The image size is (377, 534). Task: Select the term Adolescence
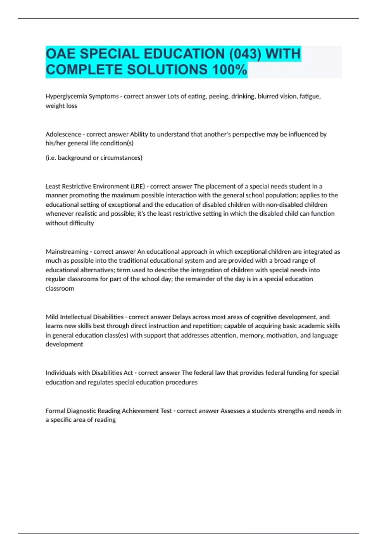pyautogui.click(x=63, y=134)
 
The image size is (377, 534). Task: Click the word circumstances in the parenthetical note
pyautogui.click(x=121, y=158)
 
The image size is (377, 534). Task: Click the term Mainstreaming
pyautogui.click(x=67, y=252)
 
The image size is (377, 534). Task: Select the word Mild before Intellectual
pyautogui.click(x=52, y=317)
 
